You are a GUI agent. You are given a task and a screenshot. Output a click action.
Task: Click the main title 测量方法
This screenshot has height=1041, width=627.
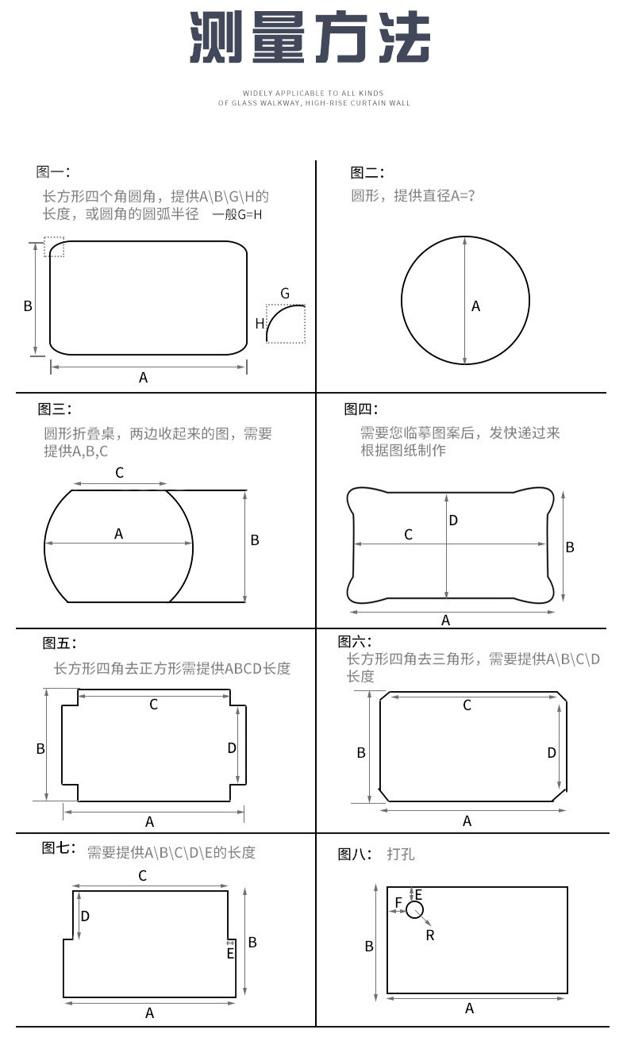[x=310, y=37]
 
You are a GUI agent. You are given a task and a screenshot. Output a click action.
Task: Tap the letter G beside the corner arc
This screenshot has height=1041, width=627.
[x=286, y=294]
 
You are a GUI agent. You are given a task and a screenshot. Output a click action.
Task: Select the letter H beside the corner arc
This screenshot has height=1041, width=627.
[x=260, y=324]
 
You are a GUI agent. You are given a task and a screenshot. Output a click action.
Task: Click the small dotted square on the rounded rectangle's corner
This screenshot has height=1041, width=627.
[x=54, y=247]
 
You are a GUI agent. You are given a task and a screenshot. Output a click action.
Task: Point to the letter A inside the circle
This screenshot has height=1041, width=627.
[x=476, y=306]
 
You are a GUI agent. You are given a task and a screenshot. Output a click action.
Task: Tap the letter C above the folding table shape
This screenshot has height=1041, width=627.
[x=119, y=473]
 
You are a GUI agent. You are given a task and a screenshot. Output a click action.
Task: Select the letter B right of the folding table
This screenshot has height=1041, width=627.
[x=255, y=540]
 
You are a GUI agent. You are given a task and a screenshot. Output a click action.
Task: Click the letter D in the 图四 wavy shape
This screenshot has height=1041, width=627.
[x=453, y=520]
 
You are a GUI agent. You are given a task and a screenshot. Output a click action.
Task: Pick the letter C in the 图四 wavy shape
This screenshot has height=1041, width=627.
[x=408, y=535]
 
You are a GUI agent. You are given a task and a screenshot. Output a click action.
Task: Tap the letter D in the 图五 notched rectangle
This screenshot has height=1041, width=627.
[x=232, y=748]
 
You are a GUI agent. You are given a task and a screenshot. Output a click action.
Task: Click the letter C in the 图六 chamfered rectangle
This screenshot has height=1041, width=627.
[x=467, y=705]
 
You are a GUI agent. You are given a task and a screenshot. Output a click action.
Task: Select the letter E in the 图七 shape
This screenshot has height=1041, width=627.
[x=231, y=954]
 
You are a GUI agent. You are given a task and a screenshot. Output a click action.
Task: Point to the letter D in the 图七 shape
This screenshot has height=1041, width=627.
[x=85, y=916]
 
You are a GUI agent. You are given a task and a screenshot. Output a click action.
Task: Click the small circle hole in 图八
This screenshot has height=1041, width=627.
[x=414, y=910]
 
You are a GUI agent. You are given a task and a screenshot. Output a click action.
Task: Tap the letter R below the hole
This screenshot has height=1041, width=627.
[x=430, y=935]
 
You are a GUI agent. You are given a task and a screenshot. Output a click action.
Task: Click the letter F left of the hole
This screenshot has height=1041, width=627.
[x=398, y=902]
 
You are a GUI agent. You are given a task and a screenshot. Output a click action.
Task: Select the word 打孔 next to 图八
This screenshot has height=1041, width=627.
[x=401, y=854]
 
